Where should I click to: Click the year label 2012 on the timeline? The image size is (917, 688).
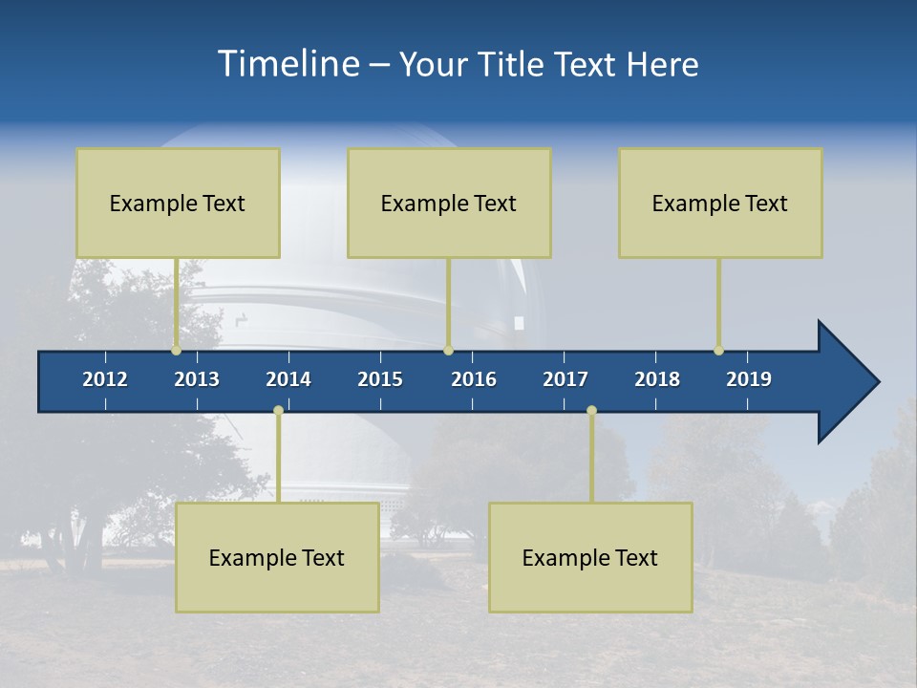click(x=105, y=379)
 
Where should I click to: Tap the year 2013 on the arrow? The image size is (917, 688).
click(x=197, y=379)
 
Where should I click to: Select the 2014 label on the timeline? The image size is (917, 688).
click(x=288, y=379)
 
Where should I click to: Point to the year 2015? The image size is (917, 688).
click(x=380, y=379)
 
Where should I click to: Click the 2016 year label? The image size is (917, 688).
click(x=474, y=379)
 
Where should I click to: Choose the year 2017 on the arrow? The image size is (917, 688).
click(x=565, y=379)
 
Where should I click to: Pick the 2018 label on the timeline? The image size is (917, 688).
click(x=657, y=379)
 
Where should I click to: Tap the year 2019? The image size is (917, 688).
click(x=749, y=379)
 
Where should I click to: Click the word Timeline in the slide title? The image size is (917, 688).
click(x=286, y=64)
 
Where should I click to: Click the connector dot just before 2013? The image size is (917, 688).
click(x=176, y=351)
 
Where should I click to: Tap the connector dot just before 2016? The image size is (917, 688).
click(x=448, y=351)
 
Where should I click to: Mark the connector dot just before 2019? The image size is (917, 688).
click(x=718, y=351)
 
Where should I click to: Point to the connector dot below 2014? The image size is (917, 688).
click(x=278, y=410)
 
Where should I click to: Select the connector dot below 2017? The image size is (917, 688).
click(x=591, y=410)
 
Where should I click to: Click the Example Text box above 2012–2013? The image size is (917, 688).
click(x=178, y=203)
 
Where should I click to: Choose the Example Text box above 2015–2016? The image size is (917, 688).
click(x=449, y=203)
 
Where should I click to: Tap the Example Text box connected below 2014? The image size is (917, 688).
click(x=277, y=557)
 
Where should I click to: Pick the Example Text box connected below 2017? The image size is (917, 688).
click(x=590, y=557)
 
